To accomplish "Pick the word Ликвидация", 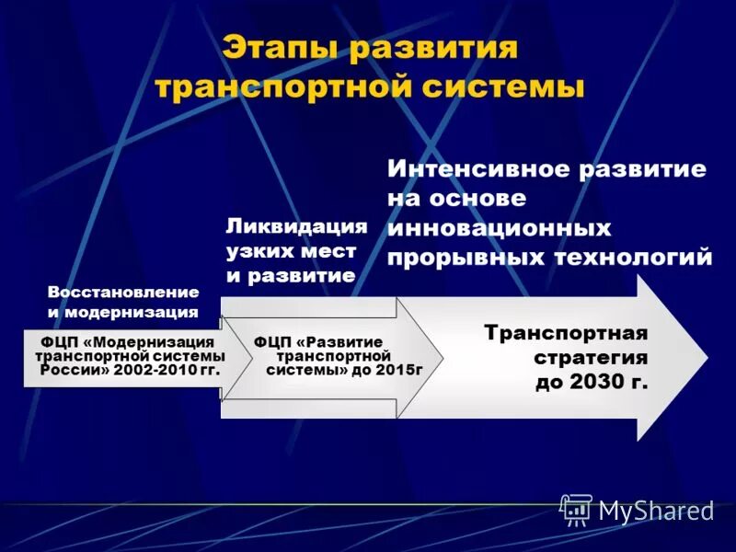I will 296,225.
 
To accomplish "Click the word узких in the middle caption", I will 257,249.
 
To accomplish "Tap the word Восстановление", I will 123,292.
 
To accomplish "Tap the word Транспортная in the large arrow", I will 566,331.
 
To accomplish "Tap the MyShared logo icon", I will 577,509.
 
